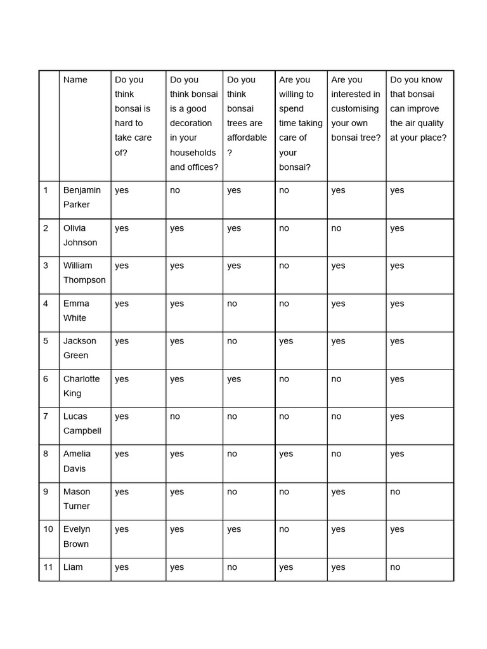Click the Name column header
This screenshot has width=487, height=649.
[75, 80]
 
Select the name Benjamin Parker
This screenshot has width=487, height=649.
[82, 197]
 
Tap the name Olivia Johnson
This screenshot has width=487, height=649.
[80, 235]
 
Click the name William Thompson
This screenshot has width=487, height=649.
[84, 273]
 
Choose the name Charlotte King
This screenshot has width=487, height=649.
[81, 386]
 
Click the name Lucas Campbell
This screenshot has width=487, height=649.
[82, 423]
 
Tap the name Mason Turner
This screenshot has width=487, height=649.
[77, 499]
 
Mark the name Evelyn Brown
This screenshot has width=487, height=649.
[77, 536]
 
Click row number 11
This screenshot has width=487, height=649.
[48, 567]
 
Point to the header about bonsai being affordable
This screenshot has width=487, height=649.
[247, 116]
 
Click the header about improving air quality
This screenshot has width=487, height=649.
[418, 109]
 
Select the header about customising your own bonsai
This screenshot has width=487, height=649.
[356, 109]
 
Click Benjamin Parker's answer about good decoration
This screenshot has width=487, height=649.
[175, 190]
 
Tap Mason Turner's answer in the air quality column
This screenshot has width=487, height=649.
[395, 492]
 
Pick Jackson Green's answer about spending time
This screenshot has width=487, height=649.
[286, 341]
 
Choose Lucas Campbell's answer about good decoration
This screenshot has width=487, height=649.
[175, 416]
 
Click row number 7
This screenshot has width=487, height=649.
[46, 416]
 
